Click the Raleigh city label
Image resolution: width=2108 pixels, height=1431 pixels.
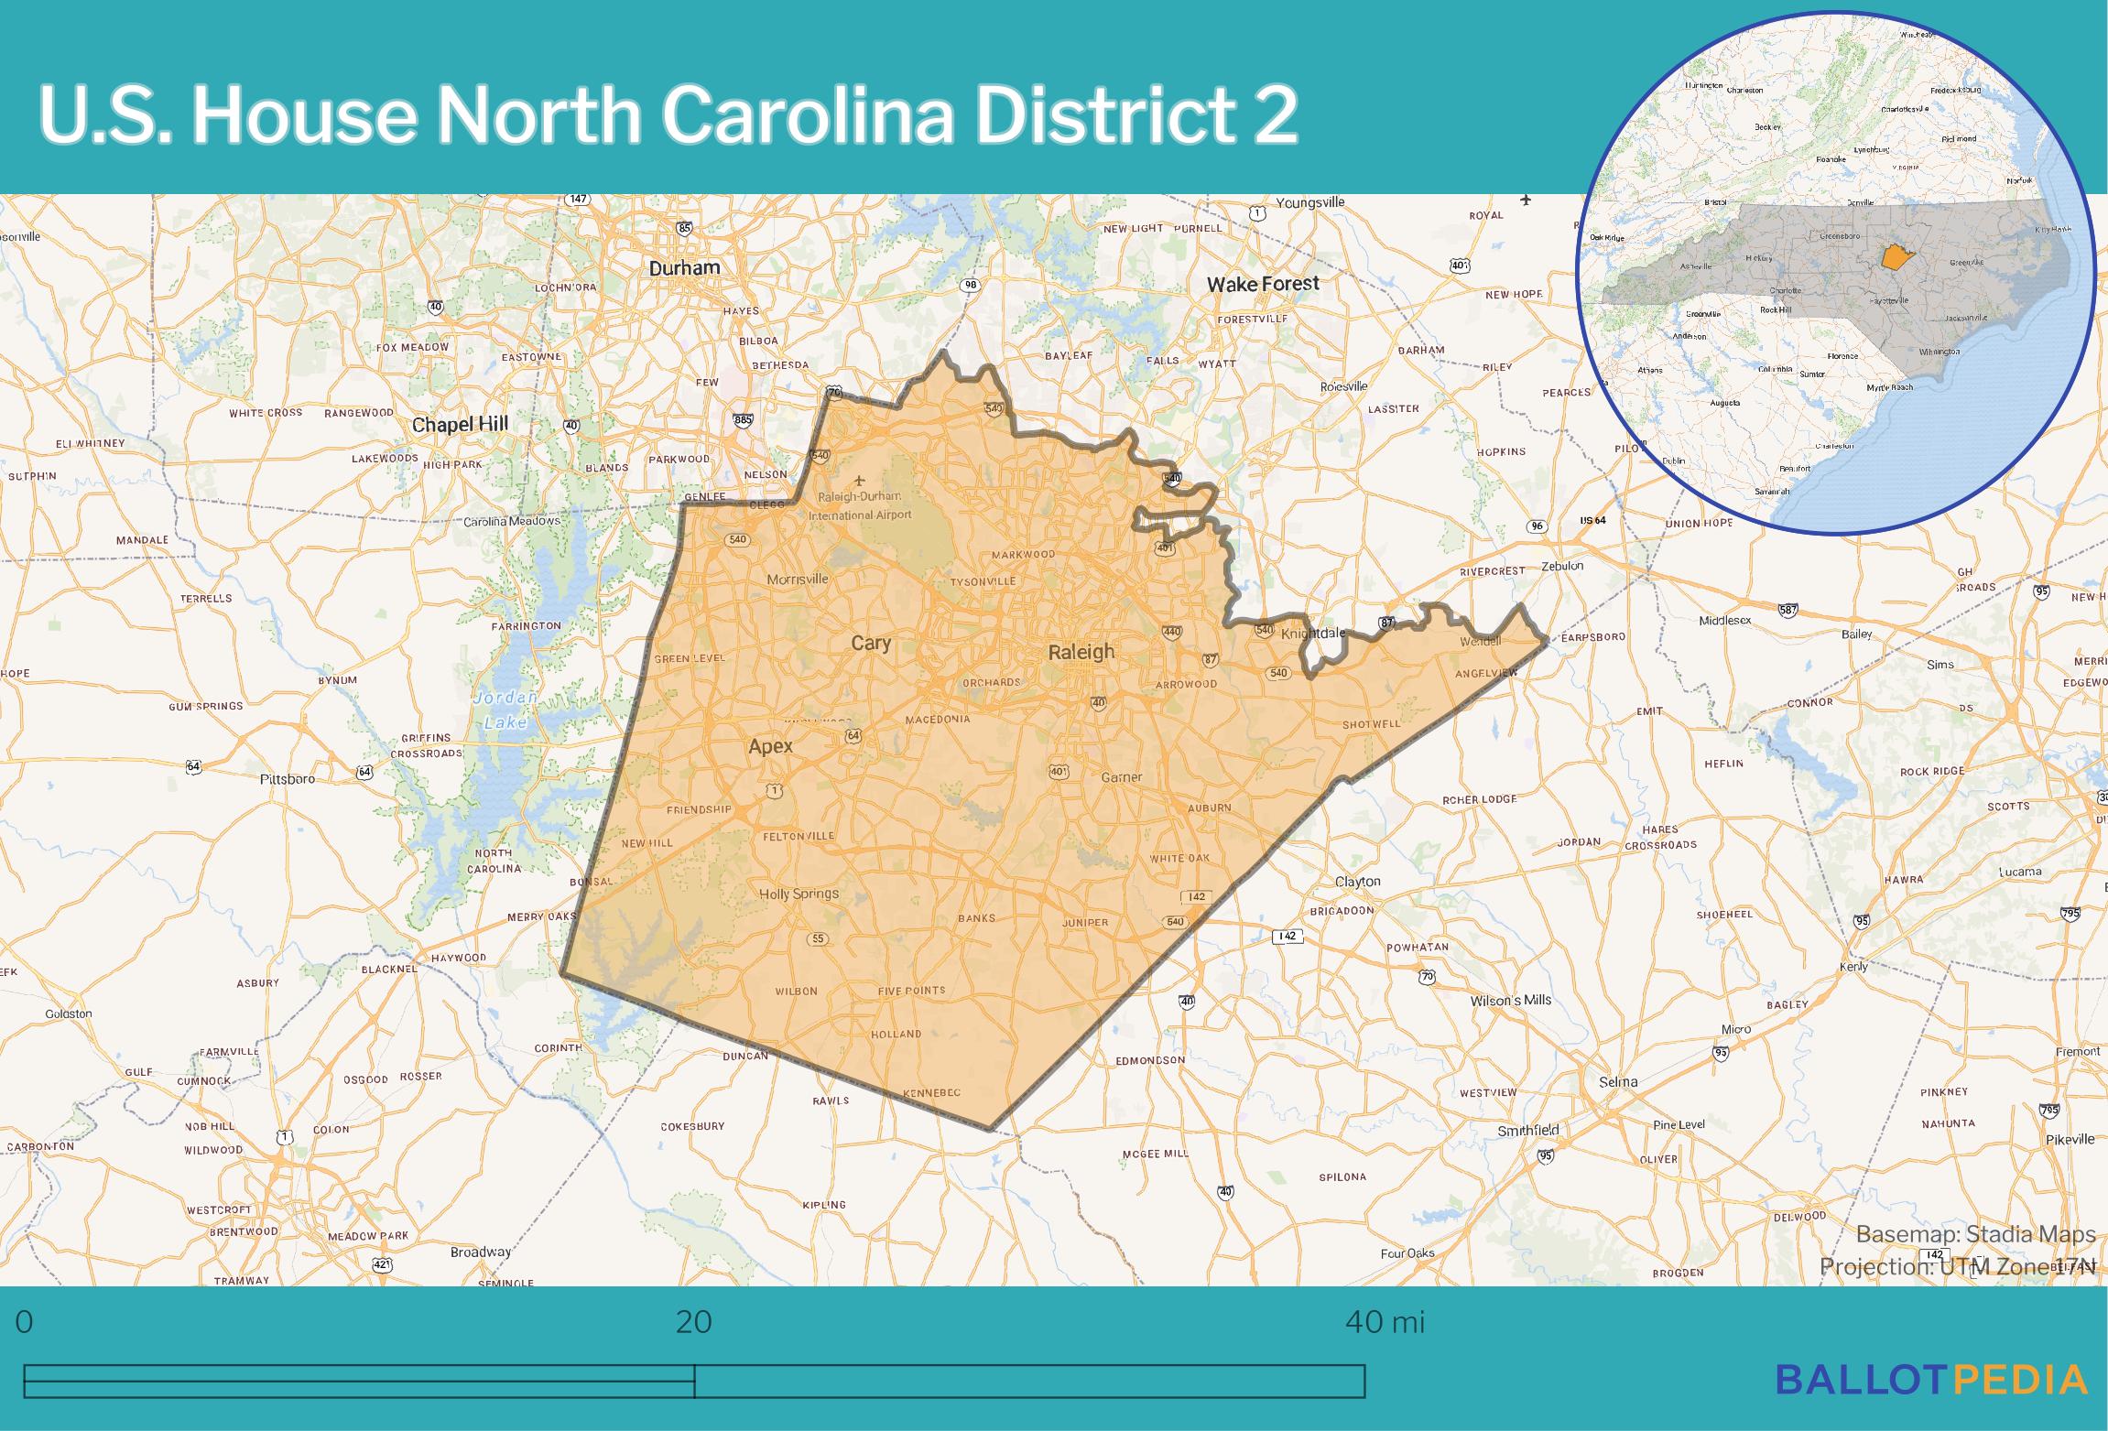(1081, 652)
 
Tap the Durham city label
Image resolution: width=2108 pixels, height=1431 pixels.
(684, 268)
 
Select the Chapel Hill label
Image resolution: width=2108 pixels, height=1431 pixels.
(460, 425)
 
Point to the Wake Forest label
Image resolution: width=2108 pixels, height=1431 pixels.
(1263, 284)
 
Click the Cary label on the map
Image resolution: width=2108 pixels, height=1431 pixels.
(870, 643)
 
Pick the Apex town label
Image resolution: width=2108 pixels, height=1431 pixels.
(770, 746)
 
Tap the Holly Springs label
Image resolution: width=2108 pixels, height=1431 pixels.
(799, 894)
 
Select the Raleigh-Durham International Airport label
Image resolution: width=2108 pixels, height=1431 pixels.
(860, 505)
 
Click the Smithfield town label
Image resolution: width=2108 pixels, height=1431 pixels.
(1527, 1131)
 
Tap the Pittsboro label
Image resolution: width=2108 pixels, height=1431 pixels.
(288, 779)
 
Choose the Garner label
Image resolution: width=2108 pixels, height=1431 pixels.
(1121, 777)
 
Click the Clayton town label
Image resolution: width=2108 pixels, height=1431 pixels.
(1357, 882)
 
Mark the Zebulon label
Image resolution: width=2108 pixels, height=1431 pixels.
(1562, 566)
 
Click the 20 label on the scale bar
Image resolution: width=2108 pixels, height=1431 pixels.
(694, 1323)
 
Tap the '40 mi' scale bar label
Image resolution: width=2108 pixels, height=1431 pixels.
(1385, 1323)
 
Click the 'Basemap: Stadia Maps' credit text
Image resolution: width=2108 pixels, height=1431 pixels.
(1975, 1235)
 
